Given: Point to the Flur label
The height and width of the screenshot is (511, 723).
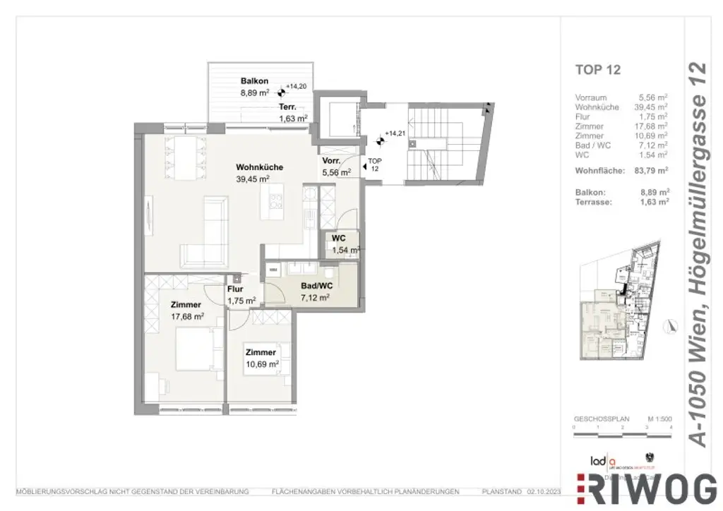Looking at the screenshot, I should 235,289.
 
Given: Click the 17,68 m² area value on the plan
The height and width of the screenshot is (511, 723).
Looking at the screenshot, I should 187,317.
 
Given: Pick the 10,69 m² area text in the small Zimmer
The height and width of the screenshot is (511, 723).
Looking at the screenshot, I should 262,364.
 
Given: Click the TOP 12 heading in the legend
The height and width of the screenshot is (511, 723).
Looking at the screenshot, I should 598,69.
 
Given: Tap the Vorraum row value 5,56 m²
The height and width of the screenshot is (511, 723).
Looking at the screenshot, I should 653,98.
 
